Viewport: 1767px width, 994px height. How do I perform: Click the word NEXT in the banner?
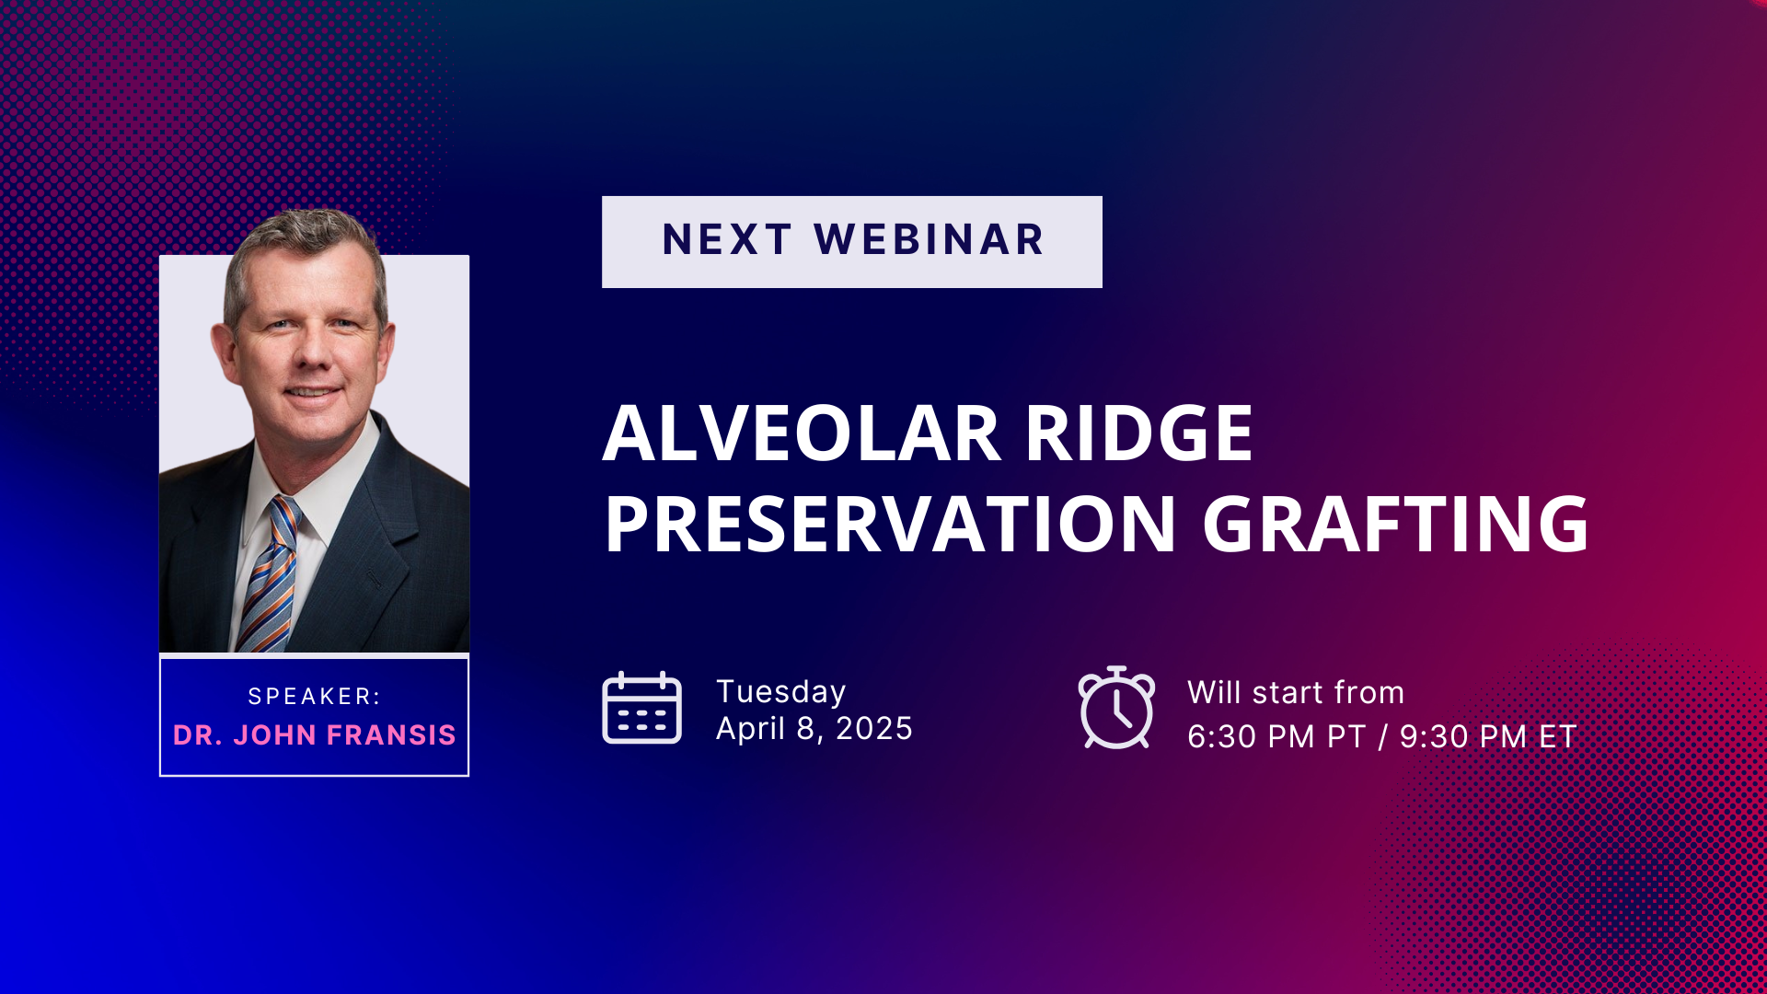(727, 240)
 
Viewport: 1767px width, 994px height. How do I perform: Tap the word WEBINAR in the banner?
(930, 240)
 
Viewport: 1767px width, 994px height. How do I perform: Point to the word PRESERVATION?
(890, 524)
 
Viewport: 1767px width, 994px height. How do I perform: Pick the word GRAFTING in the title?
(1395, 524)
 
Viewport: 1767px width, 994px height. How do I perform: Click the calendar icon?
(641, 707)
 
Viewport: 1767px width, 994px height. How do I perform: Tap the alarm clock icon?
(1116, 707)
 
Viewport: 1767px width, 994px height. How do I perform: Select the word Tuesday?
(781, 692)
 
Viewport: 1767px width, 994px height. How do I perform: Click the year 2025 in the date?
(873, 729)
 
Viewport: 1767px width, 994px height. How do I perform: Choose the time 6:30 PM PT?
(1276, 736)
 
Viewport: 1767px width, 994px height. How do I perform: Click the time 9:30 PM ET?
(1488, 736)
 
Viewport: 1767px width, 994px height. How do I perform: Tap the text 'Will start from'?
(1296, 692)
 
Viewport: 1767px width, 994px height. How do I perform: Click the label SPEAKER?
(314, 697)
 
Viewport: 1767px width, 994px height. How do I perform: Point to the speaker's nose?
(311, 350)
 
